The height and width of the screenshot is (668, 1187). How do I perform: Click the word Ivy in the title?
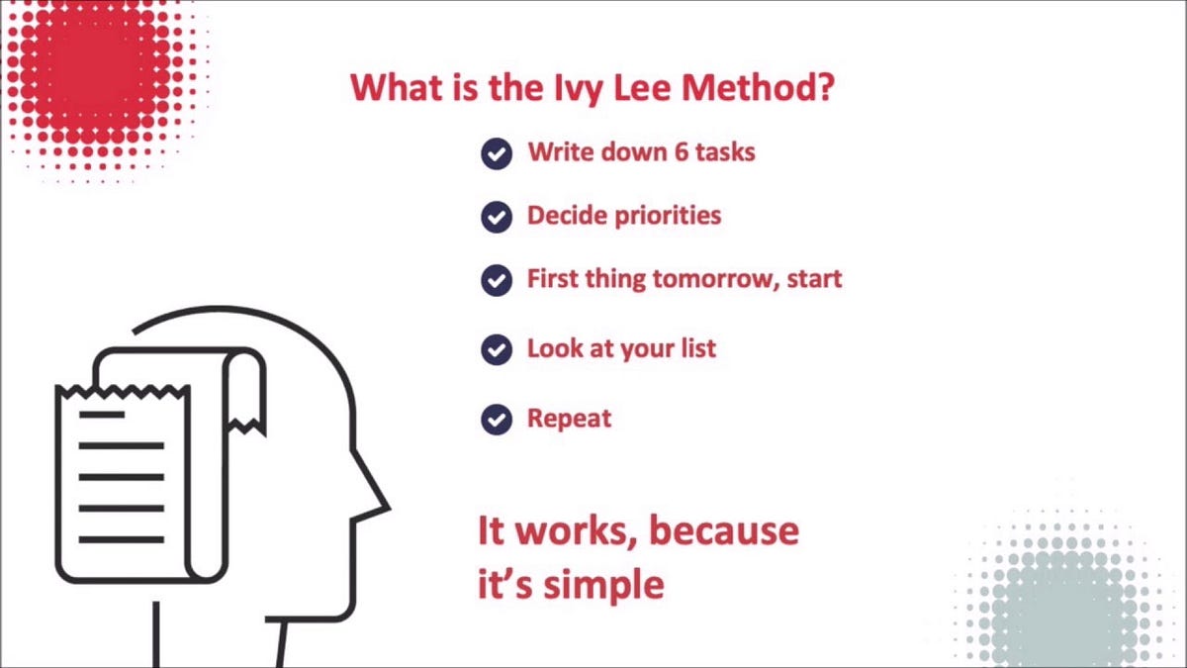tap(572, 88)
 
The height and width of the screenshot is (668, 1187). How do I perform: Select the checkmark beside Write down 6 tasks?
tap(497, 153)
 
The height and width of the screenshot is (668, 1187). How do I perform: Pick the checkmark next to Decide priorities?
tap(497, 217)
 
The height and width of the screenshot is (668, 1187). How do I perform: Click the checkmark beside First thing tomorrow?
tap(497, 280)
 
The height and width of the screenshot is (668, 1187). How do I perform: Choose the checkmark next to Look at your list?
tap(497, 349)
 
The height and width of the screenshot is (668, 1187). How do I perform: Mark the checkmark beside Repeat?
tap(497, 420)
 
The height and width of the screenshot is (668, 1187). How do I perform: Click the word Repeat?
tap(569, 419)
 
